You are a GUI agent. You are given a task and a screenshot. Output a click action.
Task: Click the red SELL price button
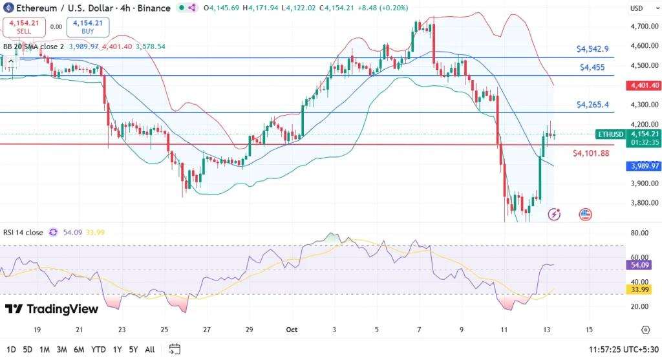pyautogui.click(x=24, y=27)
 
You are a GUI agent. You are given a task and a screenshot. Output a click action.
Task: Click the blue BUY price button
pyautogui.click(x=88, y=27)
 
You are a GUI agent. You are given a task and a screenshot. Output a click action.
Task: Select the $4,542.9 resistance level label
pyautogui.click(x=593, y=49)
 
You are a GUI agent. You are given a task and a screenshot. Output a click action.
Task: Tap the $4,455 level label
pyautogui.click(x=592, y=67)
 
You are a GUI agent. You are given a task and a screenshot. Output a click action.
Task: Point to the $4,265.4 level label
pyautogui.click(x=593, y=105)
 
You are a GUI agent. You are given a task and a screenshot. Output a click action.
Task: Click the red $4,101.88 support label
pyautogui.click(x=591, y=153)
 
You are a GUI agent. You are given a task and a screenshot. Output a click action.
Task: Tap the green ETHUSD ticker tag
pyautogui.click(x=610, y=134)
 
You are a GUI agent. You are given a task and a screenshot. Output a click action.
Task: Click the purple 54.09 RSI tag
pyautogui.click(x=639, y=265)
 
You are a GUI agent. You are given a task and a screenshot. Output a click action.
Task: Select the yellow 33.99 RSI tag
pyautogui.click(x=639, y=290)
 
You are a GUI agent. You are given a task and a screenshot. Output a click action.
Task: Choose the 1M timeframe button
pyautogui.click(x=45, y=350)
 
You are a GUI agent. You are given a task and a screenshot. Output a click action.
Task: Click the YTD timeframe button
pyautogui.click(x=98, y=350)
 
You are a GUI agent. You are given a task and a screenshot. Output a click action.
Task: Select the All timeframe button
pyautogui.click(x=150, y=350)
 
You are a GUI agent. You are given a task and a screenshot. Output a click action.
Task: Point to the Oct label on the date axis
pyautogui.click(x=292, y=330)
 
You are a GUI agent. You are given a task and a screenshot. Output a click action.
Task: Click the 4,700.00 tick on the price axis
pyautogui.click(x=645, y=26)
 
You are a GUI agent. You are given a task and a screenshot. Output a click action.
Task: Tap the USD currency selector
pyautogui.click(x=637, y=8)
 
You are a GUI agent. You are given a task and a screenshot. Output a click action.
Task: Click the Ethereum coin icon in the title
pyautogui.click(x=8, y=8)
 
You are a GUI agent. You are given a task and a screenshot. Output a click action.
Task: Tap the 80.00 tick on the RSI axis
pyautogui.click(x=639, y=233)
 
